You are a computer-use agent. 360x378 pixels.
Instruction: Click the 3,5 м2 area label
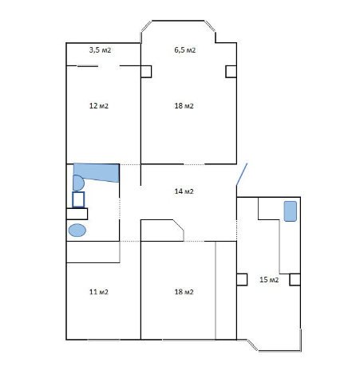click(100, 50)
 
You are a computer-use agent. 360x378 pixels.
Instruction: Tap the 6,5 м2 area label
click(185, 50)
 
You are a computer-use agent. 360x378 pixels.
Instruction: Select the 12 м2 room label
click(99, 106)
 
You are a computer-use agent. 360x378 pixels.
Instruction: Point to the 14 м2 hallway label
click(184, 191)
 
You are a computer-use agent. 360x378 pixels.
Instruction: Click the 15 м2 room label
click(269, 280)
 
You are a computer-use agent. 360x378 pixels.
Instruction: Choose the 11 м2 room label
click(99, 292)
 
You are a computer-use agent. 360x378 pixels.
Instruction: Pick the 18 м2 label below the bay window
click(184, 106)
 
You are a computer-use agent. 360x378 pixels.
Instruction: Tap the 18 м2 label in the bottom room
click(184, 292)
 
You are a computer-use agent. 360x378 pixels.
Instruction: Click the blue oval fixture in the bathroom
click(77, 230)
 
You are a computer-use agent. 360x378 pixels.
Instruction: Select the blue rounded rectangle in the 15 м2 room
click(291, 211)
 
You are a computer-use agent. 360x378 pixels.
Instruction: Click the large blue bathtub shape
click(97, 171)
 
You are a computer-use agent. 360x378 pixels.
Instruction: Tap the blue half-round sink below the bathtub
click(78, 183)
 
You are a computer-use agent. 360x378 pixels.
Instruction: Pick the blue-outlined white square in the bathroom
click(78, 199)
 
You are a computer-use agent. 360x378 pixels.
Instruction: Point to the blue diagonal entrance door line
click(242, 174)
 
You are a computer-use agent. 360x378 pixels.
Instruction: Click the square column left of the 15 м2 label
click(242, 280)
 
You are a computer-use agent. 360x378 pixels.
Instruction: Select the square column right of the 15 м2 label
click(295, 280)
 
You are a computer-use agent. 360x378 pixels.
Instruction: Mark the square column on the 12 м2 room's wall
click(146, 72)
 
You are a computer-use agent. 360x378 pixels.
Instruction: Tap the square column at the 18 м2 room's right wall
click(231, 72)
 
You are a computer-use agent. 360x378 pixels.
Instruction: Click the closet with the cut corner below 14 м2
click(162, 230)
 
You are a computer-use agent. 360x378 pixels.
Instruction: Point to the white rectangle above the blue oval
click(77, 214)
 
